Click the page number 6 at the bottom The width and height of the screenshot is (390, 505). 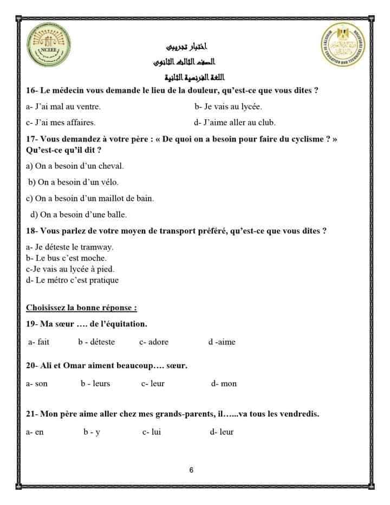click(x=192, y=471)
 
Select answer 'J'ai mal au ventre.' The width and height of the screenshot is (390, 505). click(x=63, y=107)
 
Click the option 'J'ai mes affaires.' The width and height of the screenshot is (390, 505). click(x=61, y=123)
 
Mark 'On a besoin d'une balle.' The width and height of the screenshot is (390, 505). click(x=79, y=215)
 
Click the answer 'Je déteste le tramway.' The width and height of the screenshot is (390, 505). click(x=69, y=247)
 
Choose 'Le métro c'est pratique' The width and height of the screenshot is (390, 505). click(x=72, y=280)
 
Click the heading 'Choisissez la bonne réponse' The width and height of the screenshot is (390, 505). click(x=81, y=308)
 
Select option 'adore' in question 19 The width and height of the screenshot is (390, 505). click(x=154, y=342)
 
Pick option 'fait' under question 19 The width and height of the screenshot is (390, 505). click(x=39, y=342)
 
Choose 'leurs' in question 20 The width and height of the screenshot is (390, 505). click(x=95, y=383)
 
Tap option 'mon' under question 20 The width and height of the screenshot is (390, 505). click(x=224, y=383)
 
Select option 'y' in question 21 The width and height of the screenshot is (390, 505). click(x=92, y=432)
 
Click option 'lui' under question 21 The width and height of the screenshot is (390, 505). click(x=152, y=432)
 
